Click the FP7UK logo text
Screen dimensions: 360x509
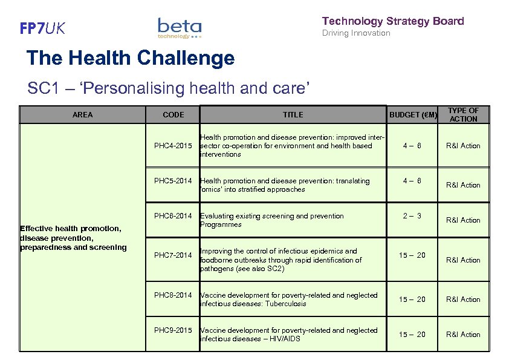[x=42, y=28]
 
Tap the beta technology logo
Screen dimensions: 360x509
[x=180, y=28]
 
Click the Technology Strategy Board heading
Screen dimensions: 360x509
[x=393, y=21]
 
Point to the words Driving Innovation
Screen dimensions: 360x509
[x=356, y=33]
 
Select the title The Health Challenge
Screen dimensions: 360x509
[x=131, y=59]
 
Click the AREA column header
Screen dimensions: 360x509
[x=83, y=115]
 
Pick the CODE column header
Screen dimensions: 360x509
[x=173, y=115]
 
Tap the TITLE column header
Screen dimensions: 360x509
[x=293, y=115]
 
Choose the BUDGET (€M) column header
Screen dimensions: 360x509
[x=413, y=115]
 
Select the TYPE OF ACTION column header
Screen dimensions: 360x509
[x=463, y=115]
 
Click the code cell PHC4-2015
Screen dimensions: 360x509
[x=173, y=146]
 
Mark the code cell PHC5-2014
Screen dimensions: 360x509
[x=173, y=181]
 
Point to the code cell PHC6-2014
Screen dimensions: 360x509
[x=173, y=216]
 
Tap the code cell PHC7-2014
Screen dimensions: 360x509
[x=173, y=255]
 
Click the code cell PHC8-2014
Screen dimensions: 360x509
[x=173, y=295]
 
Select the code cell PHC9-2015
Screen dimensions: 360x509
[x=173, y=330]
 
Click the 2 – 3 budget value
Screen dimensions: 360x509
[x=412, y=216]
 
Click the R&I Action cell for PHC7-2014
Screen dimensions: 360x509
[x=463, y=260]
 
